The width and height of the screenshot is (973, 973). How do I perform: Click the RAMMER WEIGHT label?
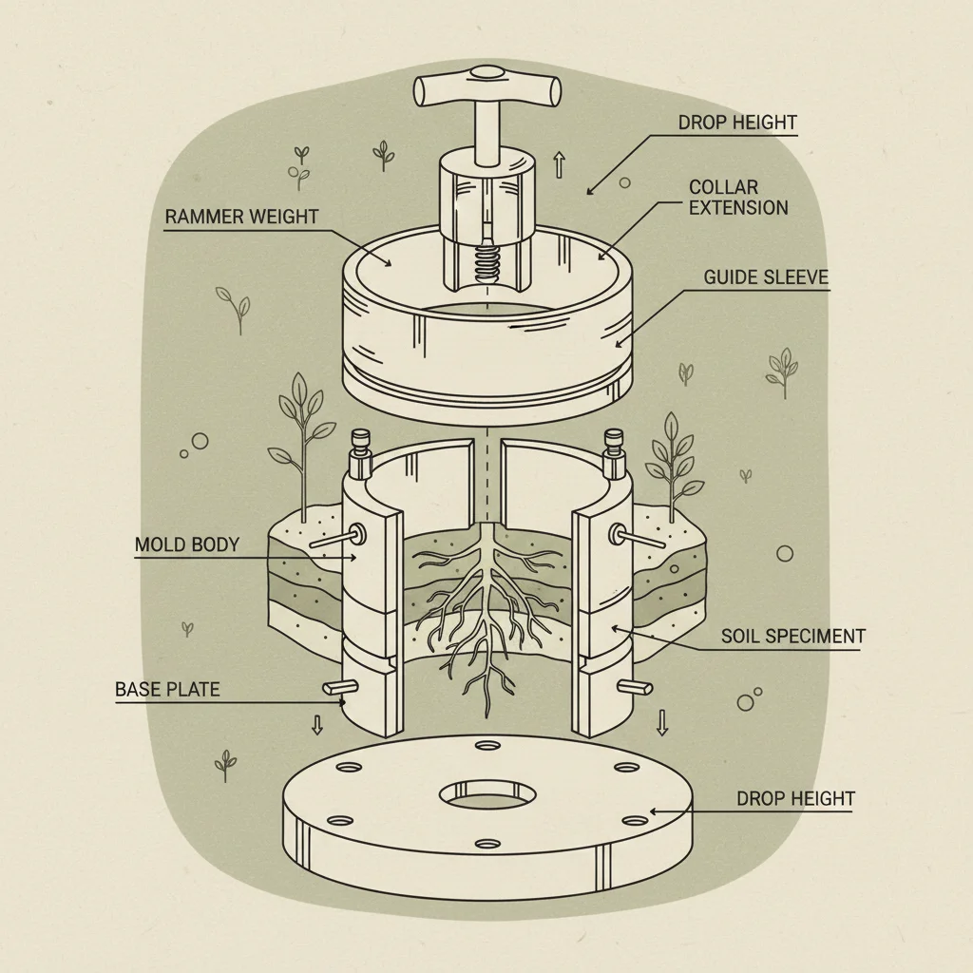pos(241,217)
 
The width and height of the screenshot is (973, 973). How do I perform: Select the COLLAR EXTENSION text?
pos(738,198)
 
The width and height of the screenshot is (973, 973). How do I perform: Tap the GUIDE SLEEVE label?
pos(766,277)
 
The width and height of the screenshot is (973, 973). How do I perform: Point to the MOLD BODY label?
pos(186,545)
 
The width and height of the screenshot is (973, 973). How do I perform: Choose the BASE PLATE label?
pos(167,689)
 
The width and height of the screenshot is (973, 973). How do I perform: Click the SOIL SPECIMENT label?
pos(792,636)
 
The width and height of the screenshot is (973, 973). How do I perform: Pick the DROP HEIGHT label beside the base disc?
pos(795,798)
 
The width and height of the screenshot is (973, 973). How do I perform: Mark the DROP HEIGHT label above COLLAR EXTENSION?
pos(737,123)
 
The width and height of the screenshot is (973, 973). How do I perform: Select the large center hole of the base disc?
pos(486,795)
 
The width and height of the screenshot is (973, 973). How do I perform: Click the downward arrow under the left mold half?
pos(317,725)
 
